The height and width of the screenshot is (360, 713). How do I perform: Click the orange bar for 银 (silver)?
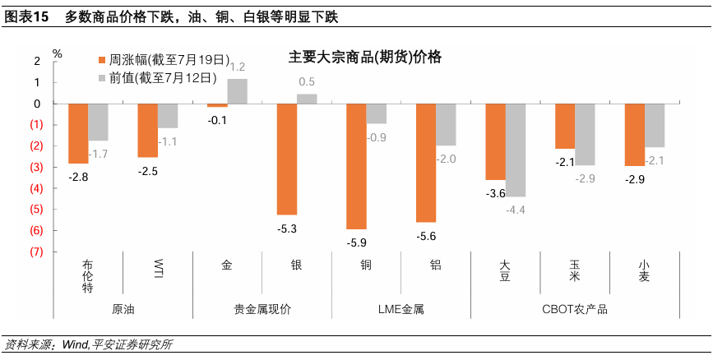pos(287,159)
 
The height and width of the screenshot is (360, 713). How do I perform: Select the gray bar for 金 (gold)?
pos(238,91)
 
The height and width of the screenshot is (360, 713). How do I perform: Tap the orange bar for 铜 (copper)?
pos(356,166)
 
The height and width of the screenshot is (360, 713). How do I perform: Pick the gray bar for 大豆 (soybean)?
pos(515,150)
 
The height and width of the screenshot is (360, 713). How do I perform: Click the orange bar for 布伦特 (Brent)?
pos(78,133)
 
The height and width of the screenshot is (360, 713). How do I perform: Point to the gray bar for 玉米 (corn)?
pos(585,135)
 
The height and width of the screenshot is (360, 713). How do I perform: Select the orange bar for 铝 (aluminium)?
pos(426,163)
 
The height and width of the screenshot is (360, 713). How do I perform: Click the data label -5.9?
pos(356,242)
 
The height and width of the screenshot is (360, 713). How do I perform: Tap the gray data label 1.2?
pos(238,67)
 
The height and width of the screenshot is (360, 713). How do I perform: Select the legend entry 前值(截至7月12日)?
pos(157,78)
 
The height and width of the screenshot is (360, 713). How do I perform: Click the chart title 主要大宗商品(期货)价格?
pos(364,58)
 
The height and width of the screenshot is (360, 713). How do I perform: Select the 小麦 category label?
pos(643,270)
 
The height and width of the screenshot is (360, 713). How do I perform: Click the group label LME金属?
pos(401,310)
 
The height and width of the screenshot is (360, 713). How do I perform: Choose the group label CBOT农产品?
pos(575,310)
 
